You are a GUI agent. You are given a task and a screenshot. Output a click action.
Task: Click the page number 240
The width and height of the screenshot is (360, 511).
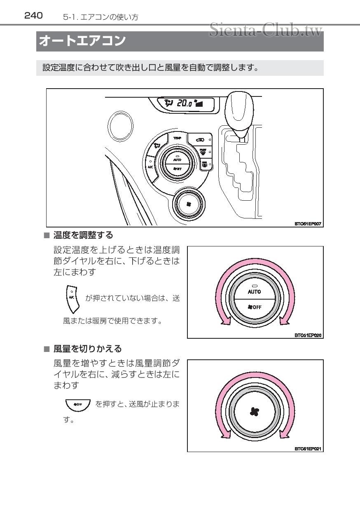point(33,16)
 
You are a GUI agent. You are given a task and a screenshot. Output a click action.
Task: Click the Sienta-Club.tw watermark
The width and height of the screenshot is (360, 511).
point(266,30)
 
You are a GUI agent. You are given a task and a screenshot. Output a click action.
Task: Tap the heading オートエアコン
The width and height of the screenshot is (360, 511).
point(82,41)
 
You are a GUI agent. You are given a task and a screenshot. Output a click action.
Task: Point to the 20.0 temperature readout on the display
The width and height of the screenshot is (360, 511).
point(184,103)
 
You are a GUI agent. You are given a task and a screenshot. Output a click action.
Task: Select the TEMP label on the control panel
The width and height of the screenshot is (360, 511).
point(177,138)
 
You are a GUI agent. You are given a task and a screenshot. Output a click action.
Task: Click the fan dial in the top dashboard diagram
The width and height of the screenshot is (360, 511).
point(188,204)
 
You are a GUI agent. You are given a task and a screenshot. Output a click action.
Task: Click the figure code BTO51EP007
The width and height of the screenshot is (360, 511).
point(307,224)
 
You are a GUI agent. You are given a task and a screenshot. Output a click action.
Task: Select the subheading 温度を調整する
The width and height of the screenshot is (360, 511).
point(83,235)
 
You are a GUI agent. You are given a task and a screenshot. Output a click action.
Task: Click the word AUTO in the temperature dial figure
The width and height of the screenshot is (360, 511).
point(255,291)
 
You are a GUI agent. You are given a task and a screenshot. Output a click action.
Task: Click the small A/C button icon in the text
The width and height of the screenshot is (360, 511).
point(72,298)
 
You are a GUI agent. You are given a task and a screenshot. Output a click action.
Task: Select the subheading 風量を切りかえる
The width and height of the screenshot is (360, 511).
point(87,349)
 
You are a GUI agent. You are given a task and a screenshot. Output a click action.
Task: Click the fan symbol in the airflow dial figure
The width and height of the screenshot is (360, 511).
point(255,411)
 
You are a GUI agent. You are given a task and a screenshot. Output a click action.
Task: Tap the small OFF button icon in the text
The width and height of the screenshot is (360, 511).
point(77,404)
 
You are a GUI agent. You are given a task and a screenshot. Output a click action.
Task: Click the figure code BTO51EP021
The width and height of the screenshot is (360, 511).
point(308,448)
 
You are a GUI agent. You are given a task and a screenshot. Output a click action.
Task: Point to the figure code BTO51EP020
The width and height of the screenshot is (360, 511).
point(308,335)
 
